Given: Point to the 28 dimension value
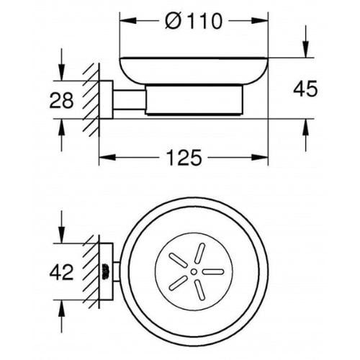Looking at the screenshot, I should [62, 100].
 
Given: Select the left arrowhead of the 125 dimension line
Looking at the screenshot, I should [102, 156].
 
